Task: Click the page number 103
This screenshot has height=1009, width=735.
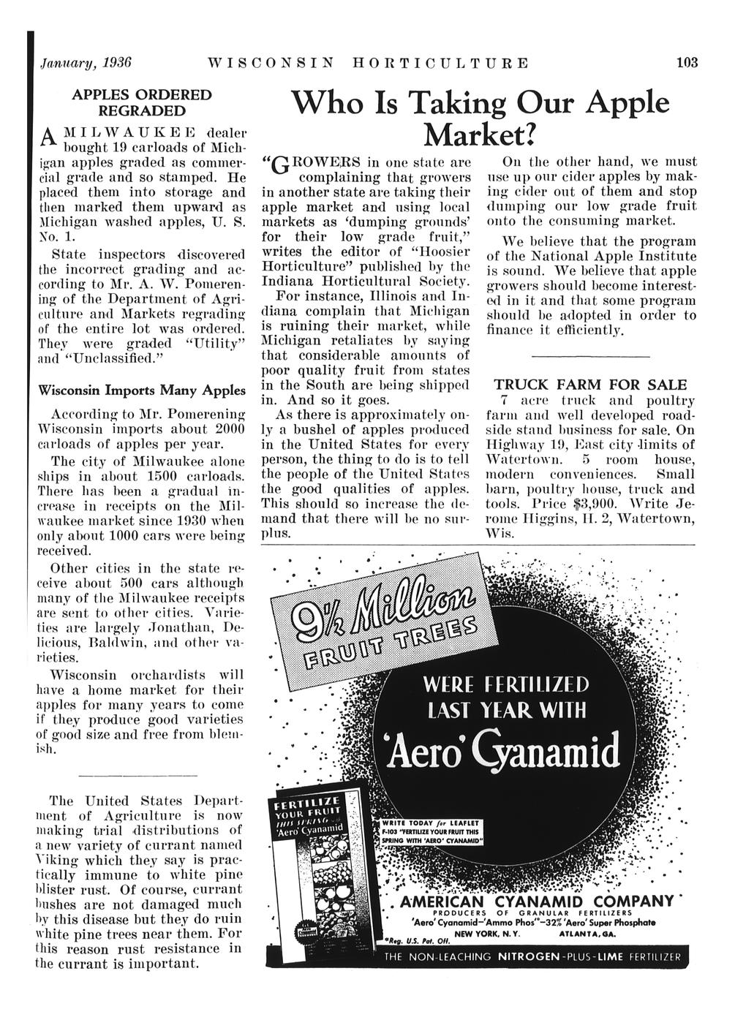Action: click(x=687, y=62)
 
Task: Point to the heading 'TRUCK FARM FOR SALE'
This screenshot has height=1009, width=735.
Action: click(x=591, y=385)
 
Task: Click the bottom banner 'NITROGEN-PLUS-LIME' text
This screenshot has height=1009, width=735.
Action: click(x=555, y=956)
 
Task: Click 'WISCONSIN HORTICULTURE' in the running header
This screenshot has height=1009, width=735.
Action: click(x=369, y=62)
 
